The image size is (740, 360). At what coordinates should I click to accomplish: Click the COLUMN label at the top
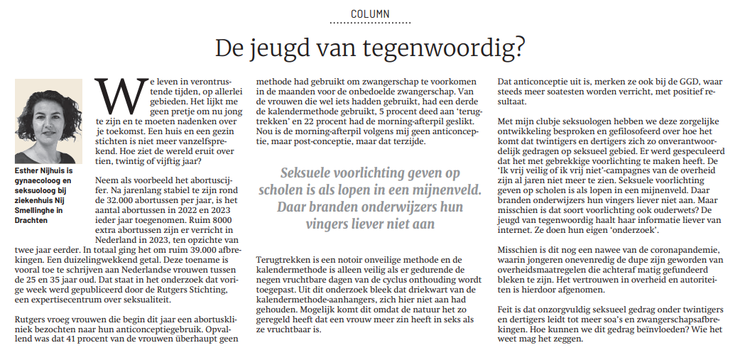pyautogui.click(x=370, y=14)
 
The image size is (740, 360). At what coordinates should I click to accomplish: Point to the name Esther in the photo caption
pyautogui.click(x=29, y=171)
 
